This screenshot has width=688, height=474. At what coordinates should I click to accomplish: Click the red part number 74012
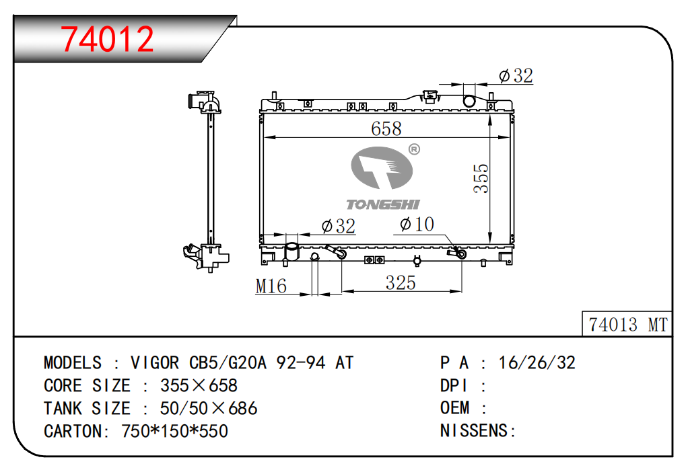click(x=107, y=39)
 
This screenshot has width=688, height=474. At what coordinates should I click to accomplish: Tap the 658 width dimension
click(x=386, y=128)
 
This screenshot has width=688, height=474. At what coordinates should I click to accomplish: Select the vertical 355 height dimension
click(x=481, y=178)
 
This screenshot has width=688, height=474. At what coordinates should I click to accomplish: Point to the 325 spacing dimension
click(x=401, y=282)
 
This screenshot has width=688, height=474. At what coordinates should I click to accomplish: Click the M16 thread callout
click(x=271, y=286)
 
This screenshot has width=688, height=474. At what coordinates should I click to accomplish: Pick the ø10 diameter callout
click(x=417, y=225)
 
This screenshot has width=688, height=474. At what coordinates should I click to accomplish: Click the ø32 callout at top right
click(x=516, y=75)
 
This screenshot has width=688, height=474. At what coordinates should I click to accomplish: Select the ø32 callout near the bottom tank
click(x=339, y=226)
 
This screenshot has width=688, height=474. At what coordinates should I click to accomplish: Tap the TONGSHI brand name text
click(x=383, y=204)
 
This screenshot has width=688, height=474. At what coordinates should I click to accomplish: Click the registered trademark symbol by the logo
click(x=414, y=149)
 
